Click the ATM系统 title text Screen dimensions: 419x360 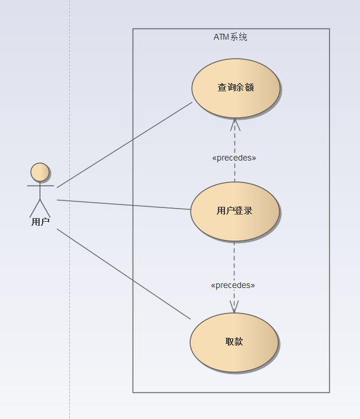coord(230,37)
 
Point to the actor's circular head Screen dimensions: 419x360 coord(40,172)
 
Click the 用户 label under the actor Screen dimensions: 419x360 coord(40,222)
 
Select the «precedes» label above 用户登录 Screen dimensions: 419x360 coord(234,158)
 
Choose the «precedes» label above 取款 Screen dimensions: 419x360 coord(233,286)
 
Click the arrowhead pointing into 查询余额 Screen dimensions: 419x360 coord(235,124)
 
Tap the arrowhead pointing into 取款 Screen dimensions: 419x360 coord(234,306)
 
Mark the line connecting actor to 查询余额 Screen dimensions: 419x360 coord(124,145)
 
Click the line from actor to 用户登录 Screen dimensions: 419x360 coord(124,204)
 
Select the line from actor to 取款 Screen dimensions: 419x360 coord(124,274)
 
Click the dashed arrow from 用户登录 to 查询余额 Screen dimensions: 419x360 coord(235,142)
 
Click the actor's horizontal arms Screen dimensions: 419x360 coord(40,186)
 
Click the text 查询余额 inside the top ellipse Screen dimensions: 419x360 coord(236,88)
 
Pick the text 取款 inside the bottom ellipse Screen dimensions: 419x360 coord(234,342)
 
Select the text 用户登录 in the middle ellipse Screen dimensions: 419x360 coord(234,211)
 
